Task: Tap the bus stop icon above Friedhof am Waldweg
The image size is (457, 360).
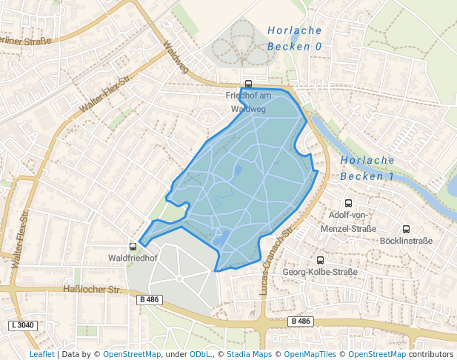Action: pos(248,84)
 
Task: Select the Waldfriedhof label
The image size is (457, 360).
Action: pos(133,258)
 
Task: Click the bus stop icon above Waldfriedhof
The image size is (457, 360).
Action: pos(133,246)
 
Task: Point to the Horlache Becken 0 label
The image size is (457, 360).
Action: pos(295,39)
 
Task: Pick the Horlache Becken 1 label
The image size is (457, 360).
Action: pos(367,168)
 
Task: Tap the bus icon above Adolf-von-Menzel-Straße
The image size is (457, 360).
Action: pos(348,203)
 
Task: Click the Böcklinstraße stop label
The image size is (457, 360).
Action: pos(407,241)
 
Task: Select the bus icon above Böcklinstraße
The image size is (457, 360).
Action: pos(406,229)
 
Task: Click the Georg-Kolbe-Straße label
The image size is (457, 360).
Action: pos(320,272)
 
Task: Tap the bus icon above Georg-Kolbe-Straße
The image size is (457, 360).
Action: pos(320,260)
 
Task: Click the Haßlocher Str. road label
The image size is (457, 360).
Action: pos(93,289)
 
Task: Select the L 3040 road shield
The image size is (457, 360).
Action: pos(23,325)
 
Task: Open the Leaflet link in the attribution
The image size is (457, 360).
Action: pos(42,355)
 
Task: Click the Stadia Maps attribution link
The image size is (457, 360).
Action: pos(249,355)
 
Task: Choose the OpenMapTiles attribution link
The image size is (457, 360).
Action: pos(307,355)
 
